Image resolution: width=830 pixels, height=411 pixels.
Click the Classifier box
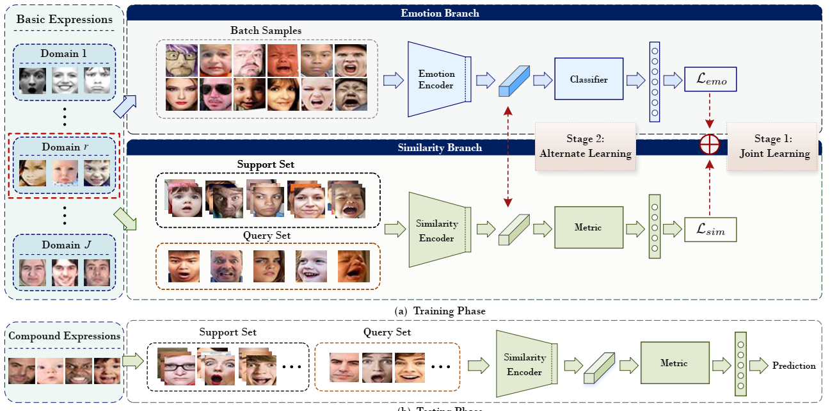(589, 79)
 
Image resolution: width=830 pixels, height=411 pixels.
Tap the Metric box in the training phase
(589, 227)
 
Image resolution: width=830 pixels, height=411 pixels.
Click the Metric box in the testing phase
(674, 363)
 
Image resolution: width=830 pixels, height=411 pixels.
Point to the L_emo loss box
(710, 80)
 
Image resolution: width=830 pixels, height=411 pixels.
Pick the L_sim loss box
(710, 229)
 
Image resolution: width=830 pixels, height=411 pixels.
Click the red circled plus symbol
(710, 145)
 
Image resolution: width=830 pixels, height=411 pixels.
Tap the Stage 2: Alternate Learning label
(585, 146)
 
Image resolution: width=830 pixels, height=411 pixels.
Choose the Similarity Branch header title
(440, 147)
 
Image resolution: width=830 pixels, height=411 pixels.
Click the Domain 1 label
(63, 54)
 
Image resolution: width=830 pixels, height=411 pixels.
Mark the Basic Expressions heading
(64, 19)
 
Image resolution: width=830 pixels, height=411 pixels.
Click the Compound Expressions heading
(64, 336)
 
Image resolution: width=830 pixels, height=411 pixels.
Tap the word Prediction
(794, 366)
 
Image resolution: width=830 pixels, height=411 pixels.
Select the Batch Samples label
(266, 30)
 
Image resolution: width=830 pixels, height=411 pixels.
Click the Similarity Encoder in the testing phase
(525, 364)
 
